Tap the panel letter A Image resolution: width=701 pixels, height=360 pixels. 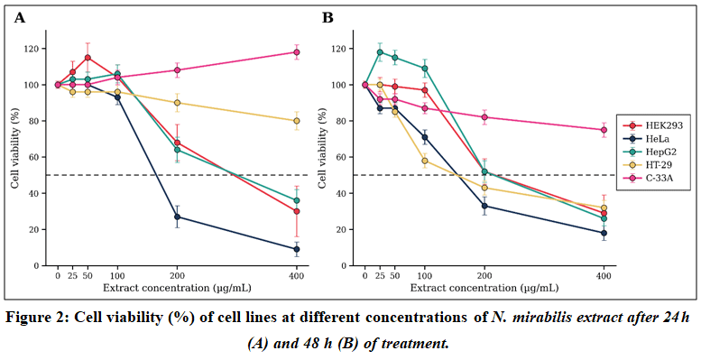click(20, 18)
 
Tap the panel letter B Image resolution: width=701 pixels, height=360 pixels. click(327, 18)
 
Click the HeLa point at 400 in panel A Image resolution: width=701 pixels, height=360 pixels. click(297, 249)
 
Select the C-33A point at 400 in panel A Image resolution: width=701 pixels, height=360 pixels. click(297, 52)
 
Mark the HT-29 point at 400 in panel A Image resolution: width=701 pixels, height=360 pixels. click(297, 121)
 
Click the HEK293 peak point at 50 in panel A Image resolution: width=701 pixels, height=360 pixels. click(88, 58)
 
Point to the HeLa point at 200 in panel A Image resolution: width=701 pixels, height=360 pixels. click(177, 217)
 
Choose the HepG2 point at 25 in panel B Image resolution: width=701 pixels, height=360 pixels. click(380, 51)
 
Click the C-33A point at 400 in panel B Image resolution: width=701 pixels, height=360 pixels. click(604, 130)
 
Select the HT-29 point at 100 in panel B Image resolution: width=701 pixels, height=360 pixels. click(425, 161)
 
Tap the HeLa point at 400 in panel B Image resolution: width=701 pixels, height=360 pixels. click(604, 233)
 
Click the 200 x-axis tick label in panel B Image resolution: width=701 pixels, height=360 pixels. click(484, 276)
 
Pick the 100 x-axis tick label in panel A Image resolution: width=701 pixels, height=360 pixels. click(117, 276)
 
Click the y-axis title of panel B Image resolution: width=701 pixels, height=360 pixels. click(322, 148)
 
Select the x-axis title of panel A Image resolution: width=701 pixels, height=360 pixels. click(177, 288)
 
